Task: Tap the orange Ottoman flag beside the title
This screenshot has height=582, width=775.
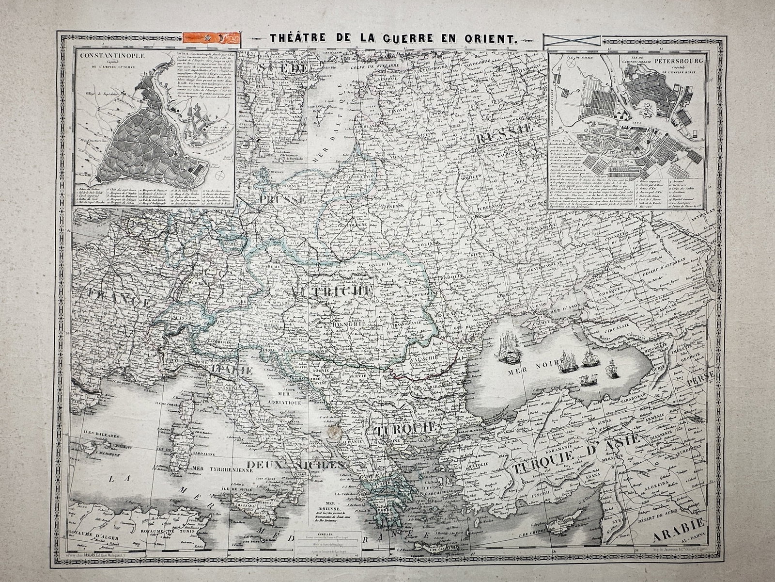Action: tap(212, 37)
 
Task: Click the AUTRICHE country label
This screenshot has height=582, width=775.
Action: tap(331, 291)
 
